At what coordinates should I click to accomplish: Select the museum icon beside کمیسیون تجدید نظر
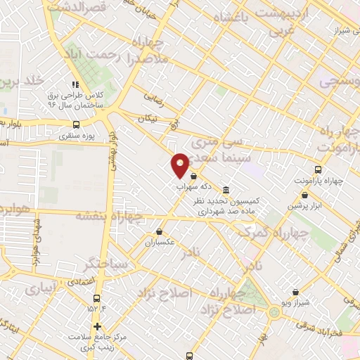pyautogui.click(x=225, y=190)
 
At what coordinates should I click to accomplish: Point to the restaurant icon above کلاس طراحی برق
pyautogui.click(x=76, y=85)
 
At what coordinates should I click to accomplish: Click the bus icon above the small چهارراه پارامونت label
pyautogui.click(x=318, y=169)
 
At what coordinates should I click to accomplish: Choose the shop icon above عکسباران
pyautogui.click(x=160, y=231)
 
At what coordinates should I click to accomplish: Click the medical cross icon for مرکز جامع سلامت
pyautogui.click(x=96, y=327)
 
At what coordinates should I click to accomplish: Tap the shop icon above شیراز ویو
pyautogui.click(x=295, y=292)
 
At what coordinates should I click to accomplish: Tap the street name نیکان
pyautogui.click(x=148, y=119)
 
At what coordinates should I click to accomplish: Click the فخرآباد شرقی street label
pyautogui.click(x=316, y=326)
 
